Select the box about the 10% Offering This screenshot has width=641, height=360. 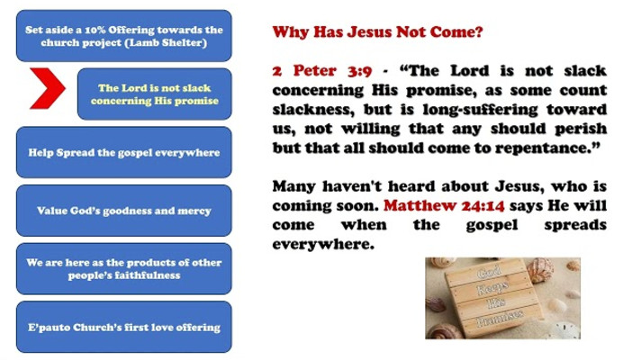[x=124, y=36]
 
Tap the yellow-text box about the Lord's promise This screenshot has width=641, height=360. [x=155, y=94]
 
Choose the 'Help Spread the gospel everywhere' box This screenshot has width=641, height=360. [x=124, y=152]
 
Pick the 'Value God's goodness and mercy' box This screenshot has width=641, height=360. [x=124, y=211]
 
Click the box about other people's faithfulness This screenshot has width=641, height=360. [x=124, y=269]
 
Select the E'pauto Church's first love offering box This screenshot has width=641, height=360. [x=124, y=327]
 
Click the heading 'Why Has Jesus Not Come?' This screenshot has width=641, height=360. [x=378, y=31]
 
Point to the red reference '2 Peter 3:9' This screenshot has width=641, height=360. [x=322, y=71]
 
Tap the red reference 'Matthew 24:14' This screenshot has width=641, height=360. [x=444, y=205]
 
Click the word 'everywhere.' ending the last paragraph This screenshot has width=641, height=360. [x=323, y=245]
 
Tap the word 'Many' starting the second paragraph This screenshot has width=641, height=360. [x=293, y=186]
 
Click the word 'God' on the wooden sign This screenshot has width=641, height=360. [x=489, y=271]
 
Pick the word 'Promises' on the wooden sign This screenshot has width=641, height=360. [x=500, y=319]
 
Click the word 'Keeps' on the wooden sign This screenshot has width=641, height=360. [x=493, y=287]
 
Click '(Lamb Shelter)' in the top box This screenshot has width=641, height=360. [x=166, y=43]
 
